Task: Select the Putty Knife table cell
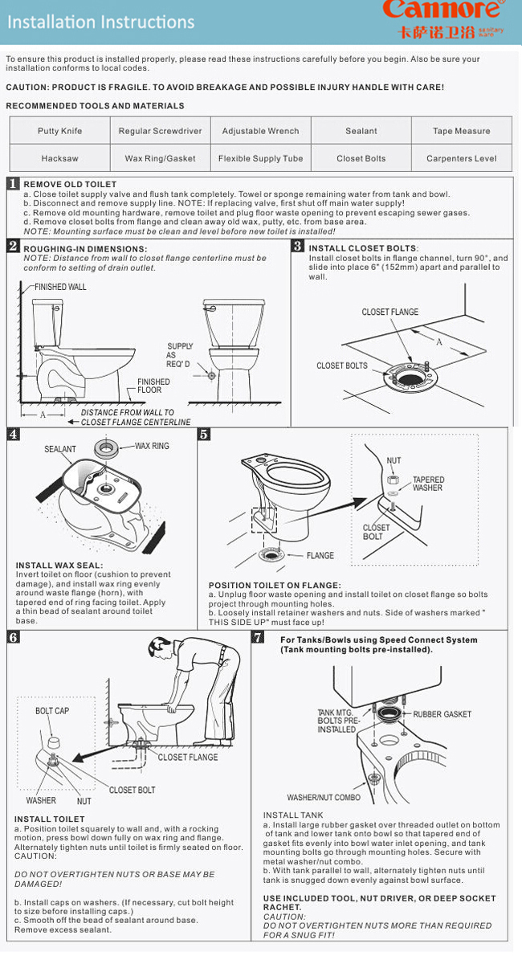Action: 59,131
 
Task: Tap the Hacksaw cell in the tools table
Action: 59,158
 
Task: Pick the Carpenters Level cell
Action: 461,158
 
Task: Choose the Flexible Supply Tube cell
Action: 260,158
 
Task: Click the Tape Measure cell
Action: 461,131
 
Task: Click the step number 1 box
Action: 13,184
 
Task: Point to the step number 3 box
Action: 297,247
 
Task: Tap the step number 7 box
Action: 258,638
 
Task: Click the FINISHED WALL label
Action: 59,287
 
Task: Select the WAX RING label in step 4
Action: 152,446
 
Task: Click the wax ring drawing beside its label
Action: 105,448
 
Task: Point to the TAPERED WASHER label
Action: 427,484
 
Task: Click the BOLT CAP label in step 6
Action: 52,711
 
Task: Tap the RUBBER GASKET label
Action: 442,714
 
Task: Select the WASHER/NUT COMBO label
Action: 324,798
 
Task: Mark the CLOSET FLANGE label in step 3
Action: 389,312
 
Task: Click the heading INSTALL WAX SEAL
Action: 59,566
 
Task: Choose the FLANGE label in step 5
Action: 320,555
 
